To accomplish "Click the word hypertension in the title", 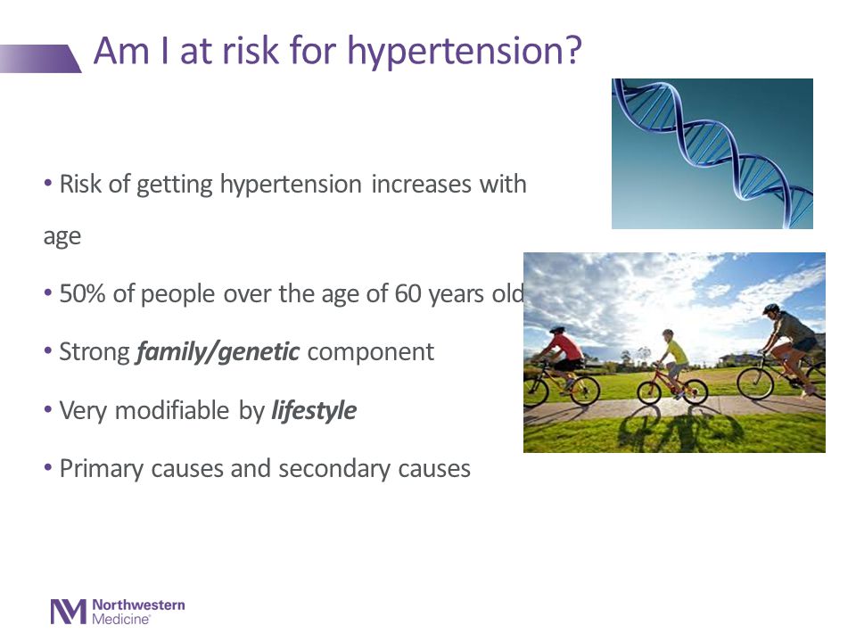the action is click(450, 53).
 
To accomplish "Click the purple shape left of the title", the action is click(40, 59).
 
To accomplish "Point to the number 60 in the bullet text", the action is click(407, 293).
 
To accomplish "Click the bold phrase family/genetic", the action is click(218, 351).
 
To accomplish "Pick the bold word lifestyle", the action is click(314, 410).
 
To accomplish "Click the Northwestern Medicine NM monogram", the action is click(69, 612).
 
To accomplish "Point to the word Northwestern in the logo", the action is click(139, 605).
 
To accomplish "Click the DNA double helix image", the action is click(712, 153).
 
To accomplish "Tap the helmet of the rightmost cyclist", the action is click(770, 309).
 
